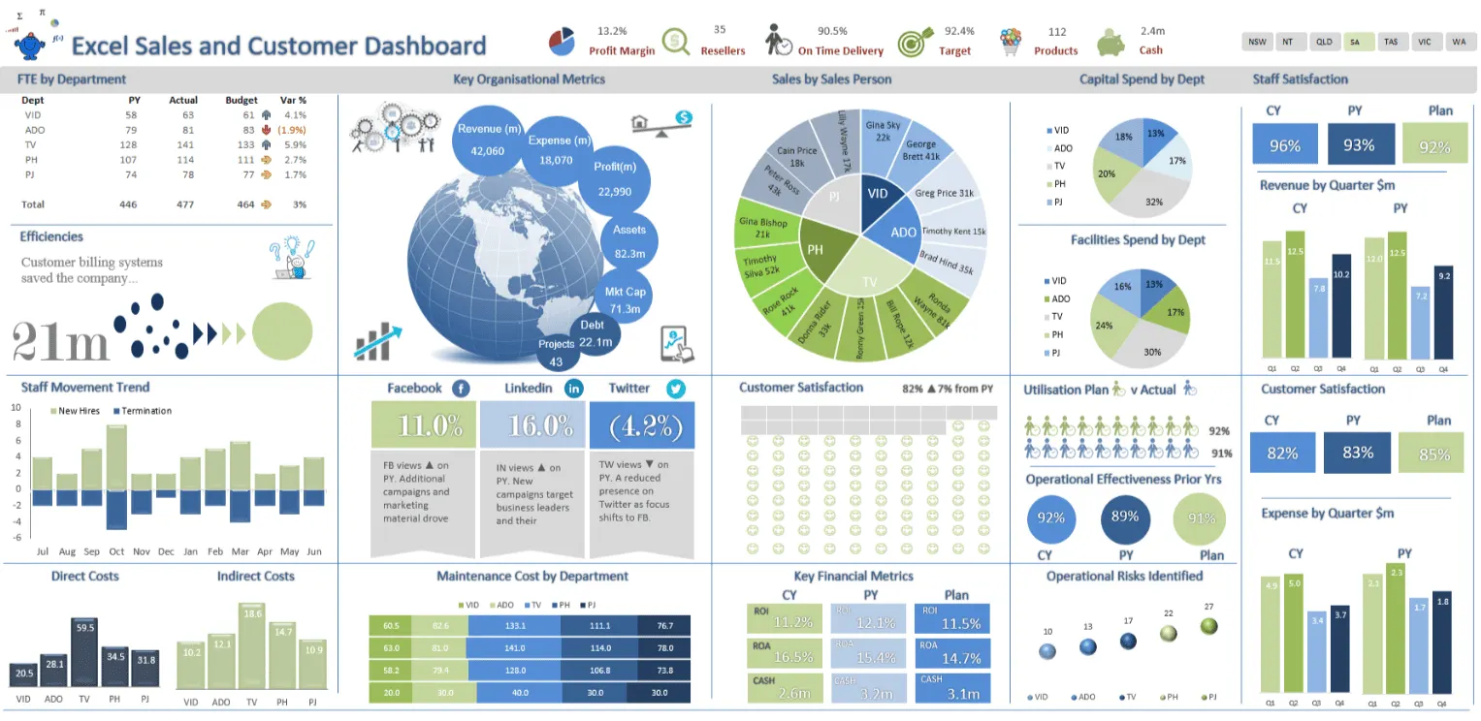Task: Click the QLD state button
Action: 1323,42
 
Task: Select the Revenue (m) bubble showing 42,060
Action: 489,140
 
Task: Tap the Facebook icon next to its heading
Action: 462,389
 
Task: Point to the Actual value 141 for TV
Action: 183,144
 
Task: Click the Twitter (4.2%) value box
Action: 642,425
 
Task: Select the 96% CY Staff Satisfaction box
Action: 1285,145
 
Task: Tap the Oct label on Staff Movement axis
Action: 116,551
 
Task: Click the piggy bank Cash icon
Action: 1111,43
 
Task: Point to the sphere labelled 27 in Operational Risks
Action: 1208,626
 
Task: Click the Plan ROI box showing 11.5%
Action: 951,618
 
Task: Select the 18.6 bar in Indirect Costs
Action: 252,645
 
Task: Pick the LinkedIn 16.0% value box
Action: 532,425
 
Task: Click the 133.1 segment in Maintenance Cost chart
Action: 514,625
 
